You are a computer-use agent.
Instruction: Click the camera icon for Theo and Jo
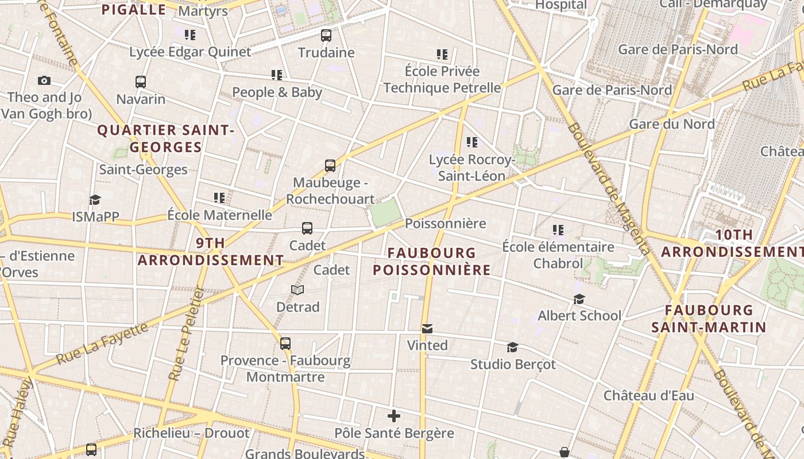(44, 80)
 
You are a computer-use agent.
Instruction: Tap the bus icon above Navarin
(141, 82)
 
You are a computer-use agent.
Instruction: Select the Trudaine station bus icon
(326, 36)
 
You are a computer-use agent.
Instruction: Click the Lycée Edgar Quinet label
(190, 52)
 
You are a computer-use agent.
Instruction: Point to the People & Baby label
(277, 92)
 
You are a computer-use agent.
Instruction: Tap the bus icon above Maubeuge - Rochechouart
(330, 166)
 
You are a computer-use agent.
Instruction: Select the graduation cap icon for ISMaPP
(95, 200)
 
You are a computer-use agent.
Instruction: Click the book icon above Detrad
(297, 290)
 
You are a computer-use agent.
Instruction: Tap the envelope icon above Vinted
(427, 329)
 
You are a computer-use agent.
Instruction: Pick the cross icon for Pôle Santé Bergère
(394, 416)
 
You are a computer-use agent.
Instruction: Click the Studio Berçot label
(513, 364)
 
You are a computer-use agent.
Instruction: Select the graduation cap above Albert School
(579, 299)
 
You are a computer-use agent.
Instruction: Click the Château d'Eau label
(648, 395)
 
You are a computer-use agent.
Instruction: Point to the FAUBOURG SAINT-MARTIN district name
(709, 319)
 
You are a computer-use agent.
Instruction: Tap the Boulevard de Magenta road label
(609, 189)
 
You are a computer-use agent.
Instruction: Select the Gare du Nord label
(672, 124)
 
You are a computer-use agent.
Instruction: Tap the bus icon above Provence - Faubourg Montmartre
(285, 344)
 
